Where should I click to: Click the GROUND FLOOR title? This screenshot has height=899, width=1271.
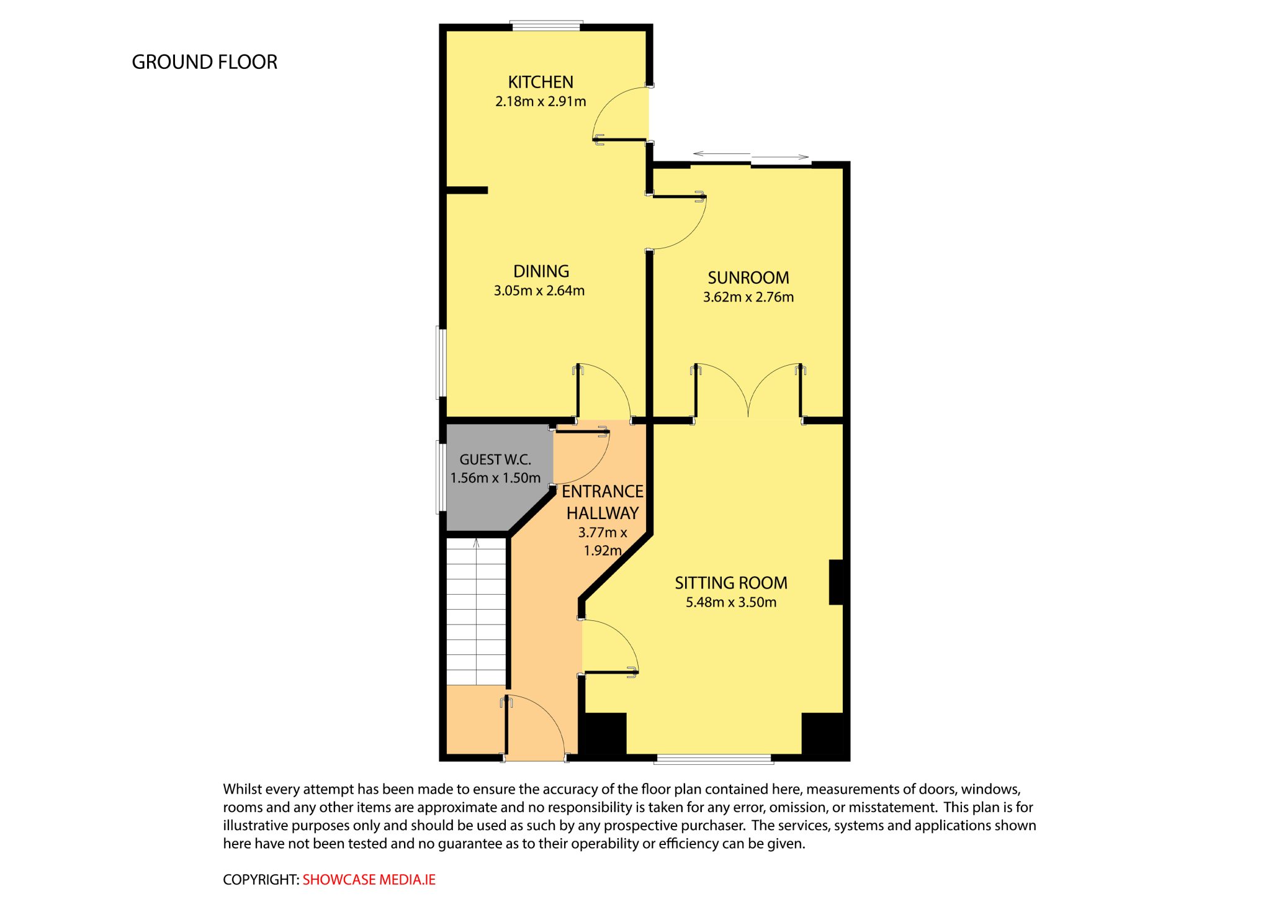click(204, 62)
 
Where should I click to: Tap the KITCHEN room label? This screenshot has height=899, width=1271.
click(541, 82)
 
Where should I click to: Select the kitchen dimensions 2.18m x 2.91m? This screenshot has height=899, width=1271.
click(541, 101)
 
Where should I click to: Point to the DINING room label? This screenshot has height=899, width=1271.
click(541, 271)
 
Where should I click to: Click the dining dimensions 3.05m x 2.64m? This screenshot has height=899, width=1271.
click(539, 291)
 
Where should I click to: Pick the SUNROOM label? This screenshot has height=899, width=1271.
click(748, 278)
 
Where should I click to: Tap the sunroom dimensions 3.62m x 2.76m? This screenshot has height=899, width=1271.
click(748, 297)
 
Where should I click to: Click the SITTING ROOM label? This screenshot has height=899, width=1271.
click(731, 583)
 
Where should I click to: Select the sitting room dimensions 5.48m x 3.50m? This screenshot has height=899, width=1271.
click(731, 602)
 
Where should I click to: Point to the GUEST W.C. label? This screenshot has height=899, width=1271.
click(495, 459)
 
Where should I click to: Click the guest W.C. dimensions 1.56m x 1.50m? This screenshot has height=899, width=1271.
click(495, 478)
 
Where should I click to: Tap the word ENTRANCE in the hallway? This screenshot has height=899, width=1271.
click(603, 492)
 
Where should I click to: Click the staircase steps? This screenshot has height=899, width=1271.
click(476, 612)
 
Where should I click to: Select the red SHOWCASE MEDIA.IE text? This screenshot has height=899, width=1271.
click(369, 880)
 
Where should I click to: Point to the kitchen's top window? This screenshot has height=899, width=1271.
click(546, 26)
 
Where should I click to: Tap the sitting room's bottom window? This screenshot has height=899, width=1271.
click(714, 758)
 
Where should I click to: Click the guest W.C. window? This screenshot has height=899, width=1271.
click(441, 477)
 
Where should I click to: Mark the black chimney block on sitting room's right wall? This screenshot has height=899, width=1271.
click(836, 582)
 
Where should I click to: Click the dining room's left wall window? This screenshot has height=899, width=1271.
click(441, 362)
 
